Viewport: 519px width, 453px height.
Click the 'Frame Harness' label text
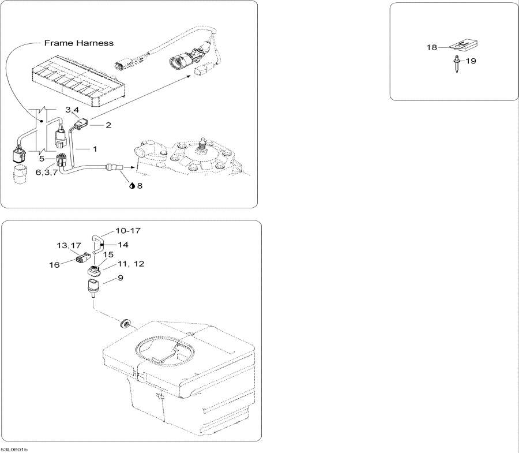(x=79, y=43)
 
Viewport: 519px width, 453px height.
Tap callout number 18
(x=431, y=47)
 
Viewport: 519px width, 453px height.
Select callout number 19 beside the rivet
(x=471, y=61)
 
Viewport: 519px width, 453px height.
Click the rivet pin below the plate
(x=457, y=64)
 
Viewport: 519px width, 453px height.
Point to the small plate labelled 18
(x=464, y=45)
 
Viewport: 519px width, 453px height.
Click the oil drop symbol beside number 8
(x=131, y=186)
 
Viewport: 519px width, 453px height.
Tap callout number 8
(x=140, y=186)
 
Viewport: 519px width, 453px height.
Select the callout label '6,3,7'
(x=46, y=173)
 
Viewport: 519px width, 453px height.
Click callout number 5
(x=42, y=159)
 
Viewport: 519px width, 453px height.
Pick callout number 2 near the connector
(x=108, y=125)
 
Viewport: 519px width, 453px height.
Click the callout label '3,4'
(x=72, y=110)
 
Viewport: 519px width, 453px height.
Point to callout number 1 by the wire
(x=95, y=149)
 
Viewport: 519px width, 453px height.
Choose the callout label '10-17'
(x=128, y=230)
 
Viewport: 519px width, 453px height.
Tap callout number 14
(x=123, y=245)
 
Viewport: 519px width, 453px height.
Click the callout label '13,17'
(x=69, y=245)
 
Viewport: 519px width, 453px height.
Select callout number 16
(x=54, y=265)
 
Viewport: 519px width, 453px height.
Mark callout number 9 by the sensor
(x=120, y=278)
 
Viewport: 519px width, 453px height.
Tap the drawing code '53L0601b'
(x=14, y=450)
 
